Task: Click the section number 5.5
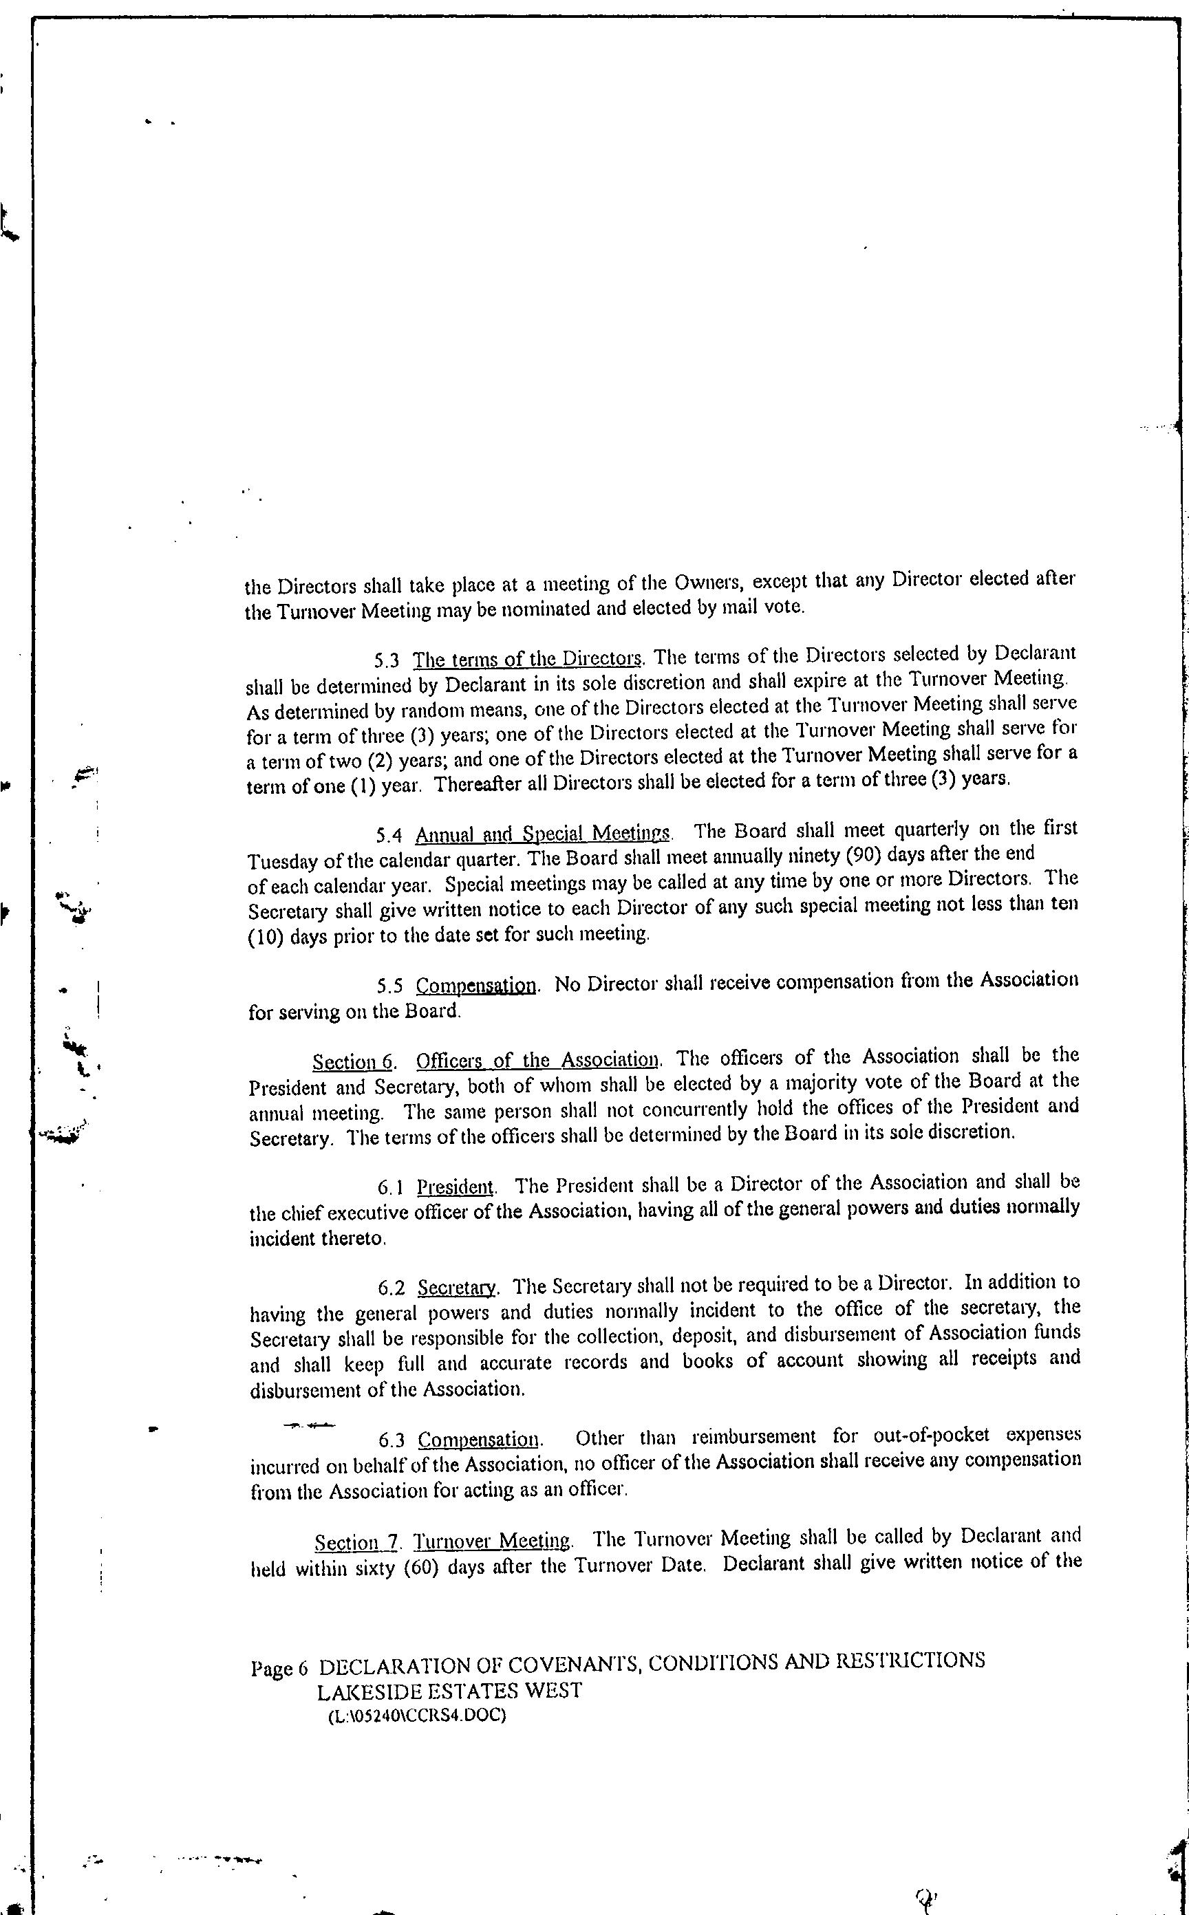(390, 986)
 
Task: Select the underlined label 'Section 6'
(352, 1063)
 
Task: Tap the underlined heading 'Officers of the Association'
(538, 1061)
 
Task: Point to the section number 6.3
(392, 1441)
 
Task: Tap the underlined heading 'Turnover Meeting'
(492, 1541)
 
